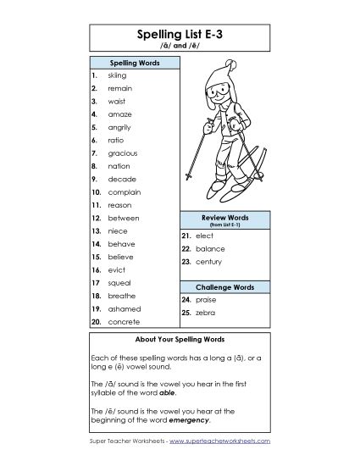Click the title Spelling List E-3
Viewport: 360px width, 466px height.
180,35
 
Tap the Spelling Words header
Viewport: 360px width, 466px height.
133,63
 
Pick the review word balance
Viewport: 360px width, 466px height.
209,249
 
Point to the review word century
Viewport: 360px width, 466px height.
209,263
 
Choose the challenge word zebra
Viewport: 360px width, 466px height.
205,313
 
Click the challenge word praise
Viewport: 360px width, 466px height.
206,300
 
